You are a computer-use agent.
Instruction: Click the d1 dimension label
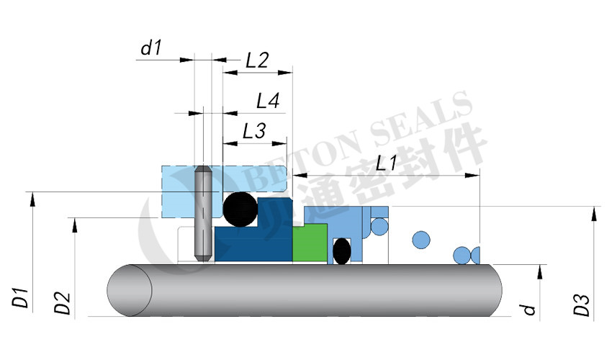151,48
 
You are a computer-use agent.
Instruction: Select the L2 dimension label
257,60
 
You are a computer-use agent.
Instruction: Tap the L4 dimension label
268,101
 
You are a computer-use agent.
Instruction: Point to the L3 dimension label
254,131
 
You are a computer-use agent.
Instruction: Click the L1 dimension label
387,163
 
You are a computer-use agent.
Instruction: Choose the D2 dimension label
62,303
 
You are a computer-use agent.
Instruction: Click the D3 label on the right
582,305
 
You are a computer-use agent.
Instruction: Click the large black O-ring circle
240,210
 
